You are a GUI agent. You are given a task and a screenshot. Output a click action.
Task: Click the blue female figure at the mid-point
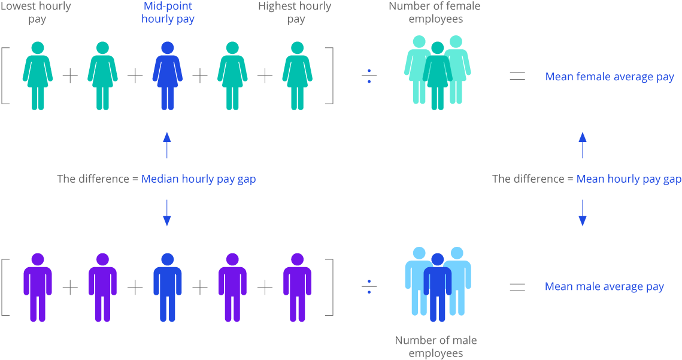click(167, 75)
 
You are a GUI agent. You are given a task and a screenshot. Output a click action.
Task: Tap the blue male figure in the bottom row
click(167, 287)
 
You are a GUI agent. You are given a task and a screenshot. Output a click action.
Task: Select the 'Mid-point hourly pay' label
click(168, 13)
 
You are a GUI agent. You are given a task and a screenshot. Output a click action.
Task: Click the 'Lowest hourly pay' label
click(37, 13)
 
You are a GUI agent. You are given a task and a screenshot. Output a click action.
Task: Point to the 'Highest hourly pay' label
click(295, 13)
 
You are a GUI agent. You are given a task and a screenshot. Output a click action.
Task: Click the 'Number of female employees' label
click(435, 13)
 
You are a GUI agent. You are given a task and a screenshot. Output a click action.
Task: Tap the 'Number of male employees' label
click(436, 347)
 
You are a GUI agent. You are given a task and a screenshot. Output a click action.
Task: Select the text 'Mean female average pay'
click(610, 77)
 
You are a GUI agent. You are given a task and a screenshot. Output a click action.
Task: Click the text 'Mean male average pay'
click(604, 287)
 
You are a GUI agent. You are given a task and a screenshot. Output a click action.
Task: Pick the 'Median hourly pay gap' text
click(199, 179)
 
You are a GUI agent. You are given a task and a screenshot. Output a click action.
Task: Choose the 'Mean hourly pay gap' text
click(629, 179)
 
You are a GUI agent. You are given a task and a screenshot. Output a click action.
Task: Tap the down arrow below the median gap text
click(167, 213)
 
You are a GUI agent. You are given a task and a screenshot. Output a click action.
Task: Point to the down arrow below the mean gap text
click(582, 213)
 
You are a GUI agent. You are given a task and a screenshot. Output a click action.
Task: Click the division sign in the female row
click(369, 76)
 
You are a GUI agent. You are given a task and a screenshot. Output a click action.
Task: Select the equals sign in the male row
click(517, 288)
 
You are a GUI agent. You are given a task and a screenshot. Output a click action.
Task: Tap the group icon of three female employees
click(438, 72)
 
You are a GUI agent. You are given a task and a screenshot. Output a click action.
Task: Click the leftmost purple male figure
click(38, 287)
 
